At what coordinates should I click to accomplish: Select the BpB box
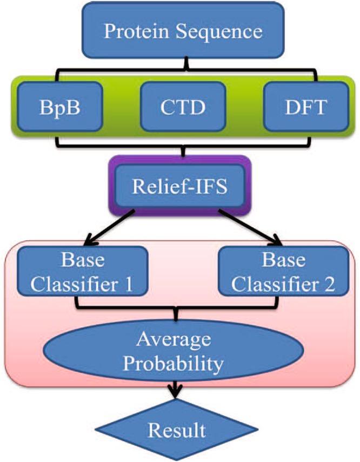pyautogui.click(x=59, y=106)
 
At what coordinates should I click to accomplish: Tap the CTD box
pyautogui.click(x=182, y=106)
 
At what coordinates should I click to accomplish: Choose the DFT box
pyautogui.click(x=305, y=106)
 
